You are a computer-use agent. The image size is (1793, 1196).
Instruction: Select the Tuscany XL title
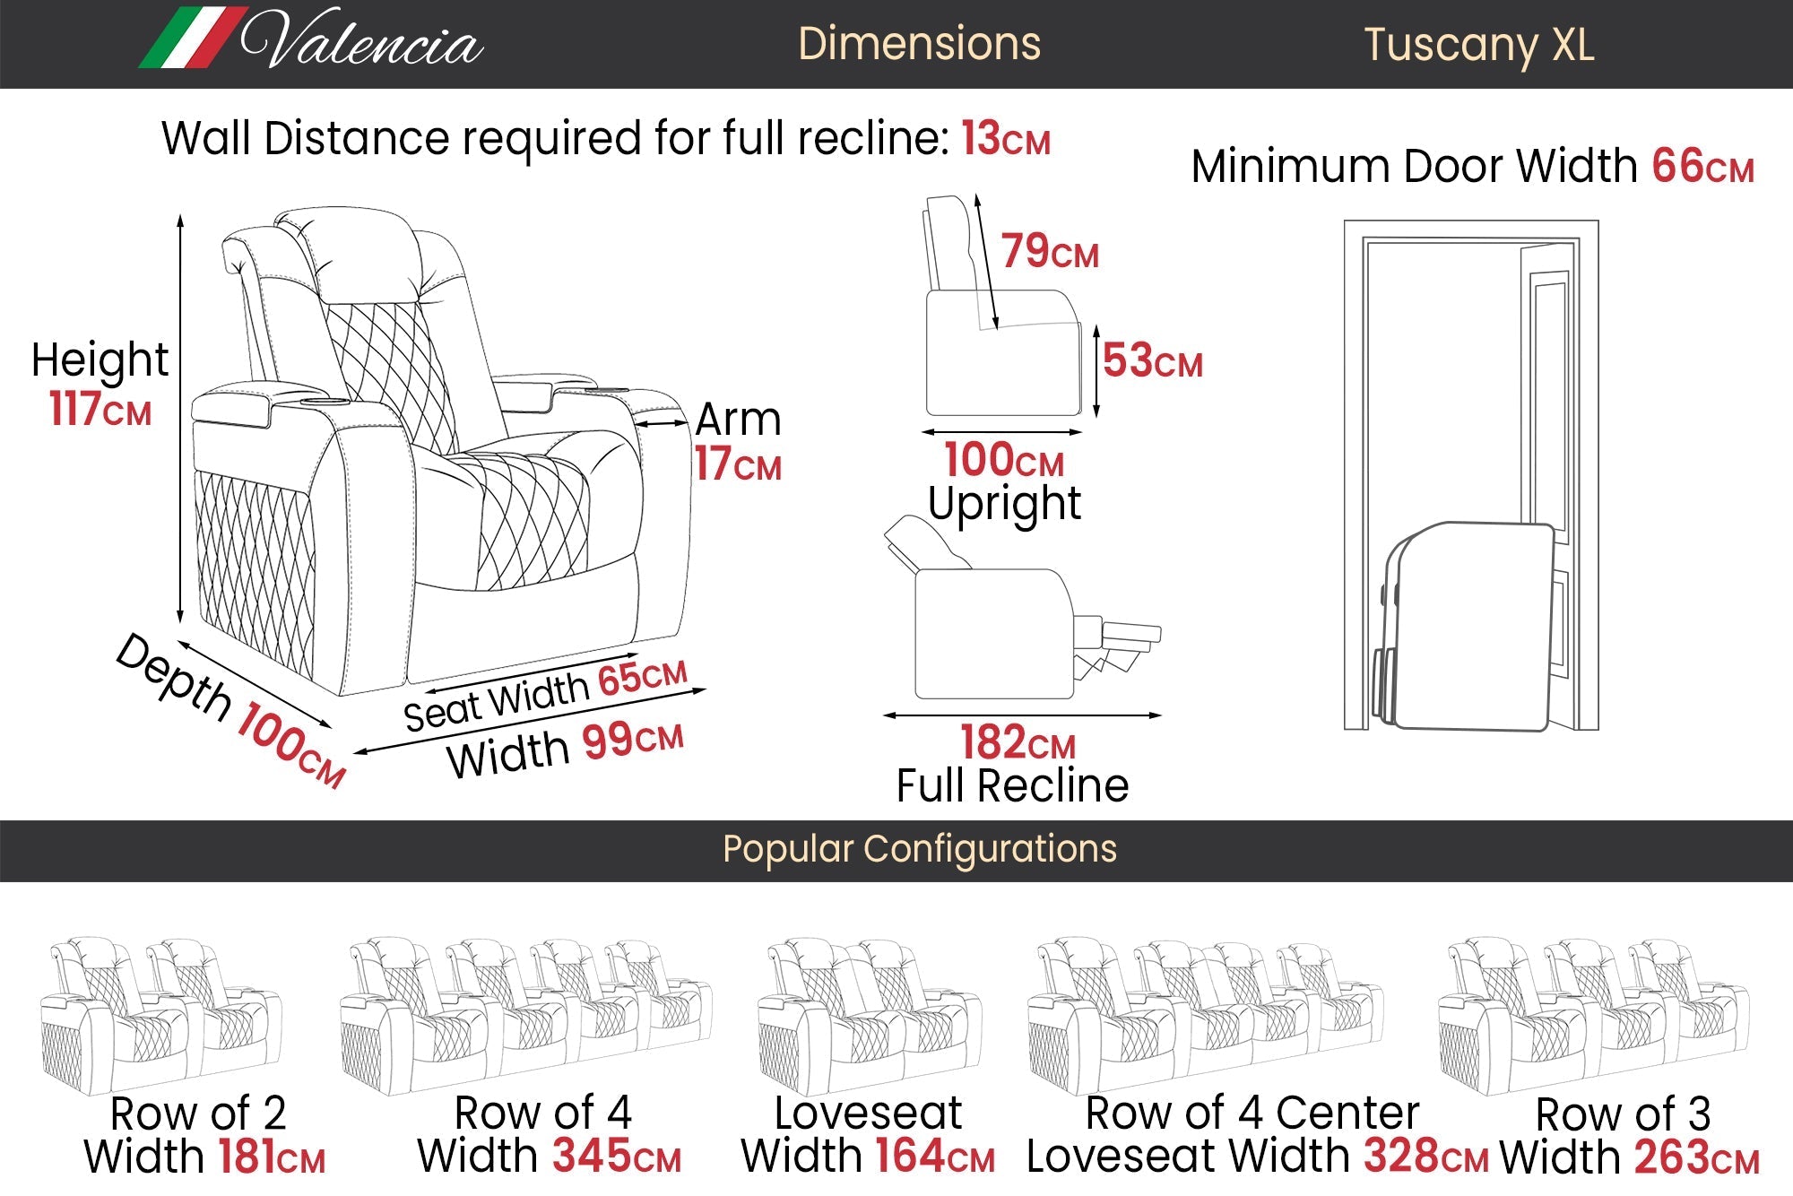1479,45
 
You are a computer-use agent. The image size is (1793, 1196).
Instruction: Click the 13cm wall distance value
1006,139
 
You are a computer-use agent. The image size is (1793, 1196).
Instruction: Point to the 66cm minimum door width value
1703,167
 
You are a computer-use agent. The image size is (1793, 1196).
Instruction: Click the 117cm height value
100,409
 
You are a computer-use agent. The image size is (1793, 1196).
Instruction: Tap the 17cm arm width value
738,464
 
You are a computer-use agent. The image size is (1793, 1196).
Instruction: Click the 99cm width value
633,741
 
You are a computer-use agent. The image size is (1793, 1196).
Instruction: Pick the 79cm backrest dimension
1050,251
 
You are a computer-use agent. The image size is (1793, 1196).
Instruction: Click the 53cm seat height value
1152,360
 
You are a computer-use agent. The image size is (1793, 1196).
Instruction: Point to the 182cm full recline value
1018,742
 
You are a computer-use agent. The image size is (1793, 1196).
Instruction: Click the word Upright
1004,505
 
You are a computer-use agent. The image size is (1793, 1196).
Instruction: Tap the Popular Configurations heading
920,849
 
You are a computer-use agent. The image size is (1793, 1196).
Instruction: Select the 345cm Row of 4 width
617,1156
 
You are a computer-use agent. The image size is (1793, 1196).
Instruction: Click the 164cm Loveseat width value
935,1156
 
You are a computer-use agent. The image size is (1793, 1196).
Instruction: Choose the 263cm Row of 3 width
1696,1157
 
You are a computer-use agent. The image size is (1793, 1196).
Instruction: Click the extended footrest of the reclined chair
1117,646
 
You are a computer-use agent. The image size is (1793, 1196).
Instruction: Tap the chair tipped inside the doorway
1463,626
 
